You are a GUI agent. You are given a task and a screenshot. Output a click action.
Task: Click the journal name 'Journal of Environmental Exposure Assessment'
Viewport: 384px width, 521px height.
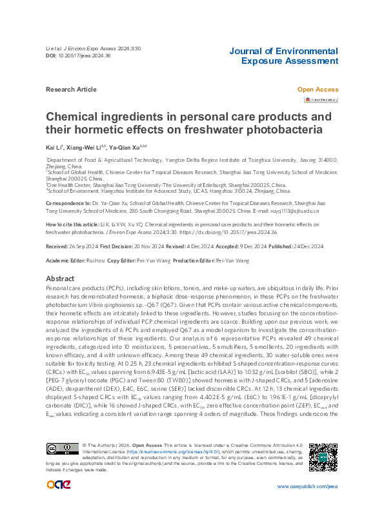(283, 56)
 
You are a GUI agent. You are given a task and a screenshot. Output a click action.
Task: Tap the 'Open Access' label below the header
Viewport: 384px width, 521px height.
(318, 89)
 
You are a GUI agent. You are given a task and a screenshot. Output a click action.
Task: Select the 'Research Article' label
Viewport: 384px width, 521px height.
(71, 89)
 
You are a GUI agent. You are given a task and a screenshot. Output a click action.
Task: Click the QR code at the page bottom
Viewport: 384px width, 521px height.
(323, 458)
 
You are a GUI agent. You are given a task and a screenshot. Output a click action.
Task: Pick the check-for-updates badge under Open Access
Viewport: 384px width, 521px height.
(321, 99)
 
